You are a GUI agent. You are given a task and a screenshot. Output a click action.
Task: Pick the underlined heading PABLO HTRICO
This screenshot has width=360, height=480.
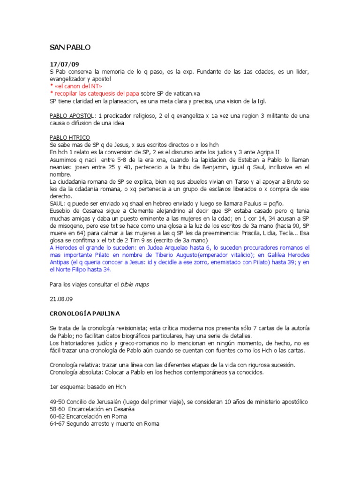point(69,138)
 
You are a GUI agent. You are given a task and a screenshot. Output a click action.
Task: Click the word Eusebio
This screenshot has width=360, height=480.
point(60,210)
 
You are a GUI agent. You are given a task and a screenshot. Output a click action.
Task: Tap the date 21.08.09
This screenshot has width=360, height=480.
point(61,298)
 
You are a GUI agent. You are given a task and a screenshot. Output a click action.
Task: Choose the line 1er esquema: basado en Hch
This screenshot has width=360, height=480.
point(87,387)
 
